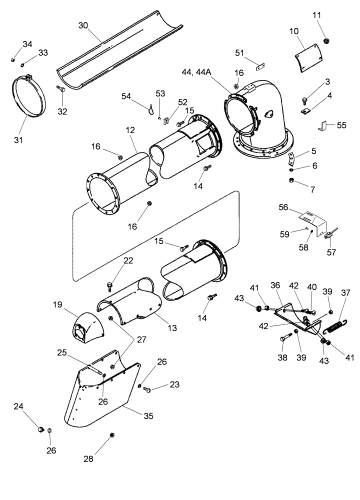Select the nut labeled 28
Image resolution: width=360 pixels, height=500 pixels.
click(x=111, y=435)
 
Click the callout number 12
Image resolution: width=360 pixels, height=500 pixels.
click(x=130, y=130)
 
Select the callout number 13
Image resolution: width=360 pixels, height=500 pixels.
click(x=172, y=328)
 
